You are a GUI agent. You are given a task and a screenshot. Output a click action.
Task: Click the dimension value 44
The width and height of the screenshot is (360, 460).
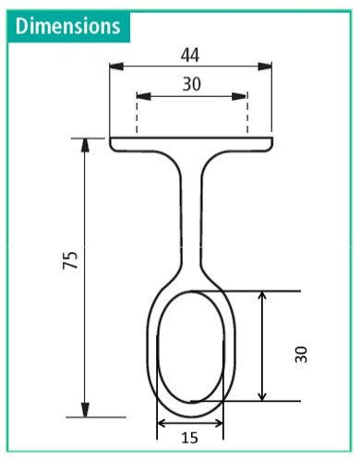point(191,54)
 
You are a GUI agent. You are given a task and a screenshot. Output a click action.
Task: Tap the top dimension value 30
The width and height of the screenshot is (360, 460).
point(191,84)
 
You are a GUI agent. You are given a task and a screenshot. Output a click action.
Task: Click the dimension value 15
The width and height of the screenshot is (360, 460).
point(190,439)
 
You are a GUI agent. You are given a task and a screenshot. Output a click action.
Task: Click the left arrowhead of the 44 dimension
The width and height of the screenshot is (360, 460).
point(116,66)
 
